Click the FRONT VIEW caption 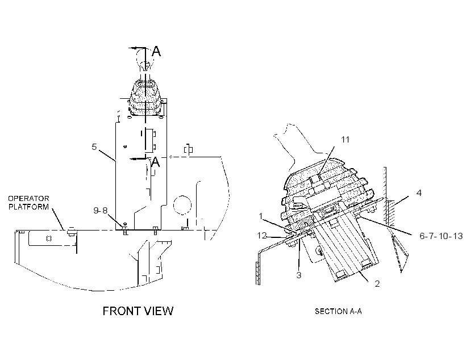[x=138, y=311]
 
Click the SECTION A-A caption [x=338, y=311]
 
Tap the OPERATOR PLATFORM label [x=28, y=203]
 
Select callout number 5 [x=94, y=146]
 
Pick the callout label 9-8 [x=101, y=210]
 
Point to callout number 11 [x=345, y=139]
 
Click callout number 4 [x=419, y=192]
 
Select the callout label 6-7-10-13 [x=441, y=236]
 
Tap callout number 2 [x=377, y=284]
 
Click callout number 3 [x=299, y=275]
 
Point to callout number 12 [x=261, y=236]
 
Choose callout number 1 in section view [x=261, y=216]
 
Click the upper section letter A [x=156, y=51]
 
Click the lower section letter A [x=155, y=162]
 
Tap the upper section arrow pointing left [x=137, y=48]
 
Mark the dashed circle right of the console [x=182, y=205]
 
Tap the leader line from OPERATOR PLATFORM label [x=58, y=219]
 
